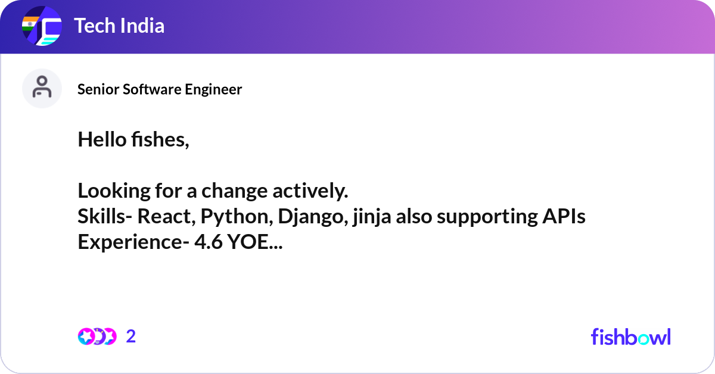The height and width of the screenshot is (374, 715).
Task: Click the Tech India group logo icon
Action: [x=42, y=26]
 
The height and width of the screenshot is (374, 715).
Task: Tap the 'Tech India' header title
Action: [x=119, y=26]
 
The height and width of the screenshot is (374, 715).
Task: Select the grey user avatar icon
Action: [x=42, y=88]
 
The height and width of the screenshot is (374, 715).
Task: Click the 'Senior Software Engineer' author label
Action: [x=160, y=89]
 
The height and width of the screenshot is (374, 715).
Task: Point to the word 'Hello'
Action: [x=102, y=139]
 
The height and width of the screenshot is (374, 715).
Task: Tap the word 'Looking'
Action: [x=114, y=191]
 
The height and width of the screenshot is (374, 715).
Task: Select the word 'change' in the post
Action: [x=235, y=191]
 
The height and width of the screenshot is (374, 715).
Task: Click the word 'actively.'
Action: [x=310, y=191]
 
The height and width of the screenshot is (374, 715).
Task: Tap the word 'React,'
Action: [x=166, y=217]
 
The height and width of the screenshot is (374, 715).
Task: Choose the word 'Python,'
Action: [x=237, y=217]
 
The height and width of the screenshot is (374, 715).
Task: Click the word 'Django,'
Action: [x=313, y=217]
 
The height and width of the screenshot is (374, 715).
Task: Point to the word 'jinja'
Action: [x=372, y=217]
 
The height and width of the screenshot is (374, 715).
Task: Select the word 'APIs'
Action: [x=564, y=216]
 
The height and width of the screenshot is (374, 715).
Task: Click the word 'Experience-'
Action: [x=133, y=242]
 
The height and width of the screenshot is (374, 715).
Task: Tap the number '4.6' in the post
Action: [x=209, y=242]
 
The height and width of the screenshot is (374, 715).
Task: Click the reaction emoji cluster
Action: [x=97, y=336]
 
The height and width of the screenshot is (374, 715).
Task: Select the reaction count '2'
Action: [x=131, y=336]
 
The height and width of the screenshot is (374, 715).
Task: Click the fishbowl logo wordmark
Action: [x=631, y=336]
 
